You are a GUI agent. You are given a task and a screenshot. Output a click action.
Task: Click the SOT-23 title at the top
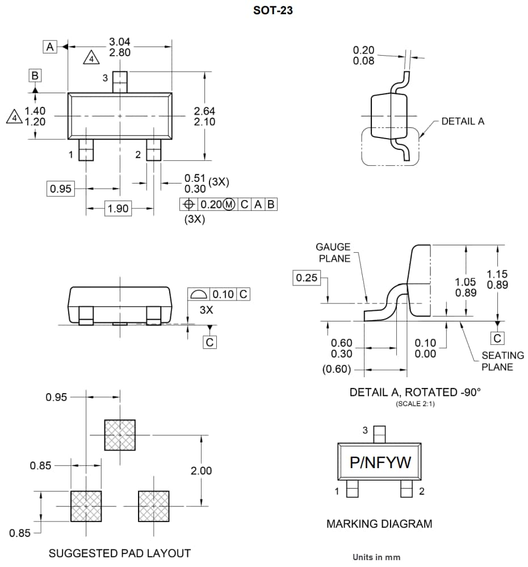(x=273, y=10)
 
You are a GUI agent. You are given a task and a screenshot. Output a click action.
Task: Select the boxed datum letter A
(x=51, y=47)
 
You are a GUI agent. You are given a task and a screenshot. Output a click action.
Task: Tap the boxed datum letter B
(x=35, y=76)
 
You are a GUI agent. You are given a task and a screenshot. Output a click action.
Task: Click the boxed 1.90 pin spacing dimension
(x=118, y=209)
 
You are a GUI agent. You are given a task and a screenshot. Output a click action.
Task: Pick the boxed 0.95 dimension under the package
(x=61, y=189)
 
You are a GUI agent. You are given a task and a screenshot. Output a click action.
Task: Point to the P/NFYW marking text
(x=380, y=463)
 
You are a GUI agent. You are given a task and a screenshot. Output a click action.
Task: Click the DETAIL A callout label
(x=463, y=121)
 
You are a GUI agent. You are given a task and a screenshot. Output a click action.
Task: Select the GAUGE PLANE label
(x=333, y=252)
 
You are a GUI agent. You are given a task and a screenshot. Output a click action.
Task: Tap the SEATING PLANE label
(x=502, y=361)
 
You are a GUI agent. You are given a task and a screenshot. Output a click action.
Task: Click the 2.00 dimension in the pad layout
(x=201, y=470)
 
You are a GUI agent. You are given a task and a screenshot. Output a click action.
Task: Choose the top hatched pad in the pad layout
(x=120, y=435)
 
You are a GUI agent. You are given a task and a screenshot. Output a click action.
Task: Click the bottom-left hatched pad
(x=86, y=506)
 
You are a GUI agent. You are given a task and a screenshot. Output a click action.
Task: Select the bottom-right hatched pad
(x=153, y=506)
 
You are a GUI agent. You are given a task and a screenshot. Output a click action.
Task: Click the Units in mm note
(x=376, y=557)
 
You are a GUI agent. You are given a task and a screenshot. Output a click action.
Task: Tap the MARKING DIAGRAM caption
(x=379, y=524)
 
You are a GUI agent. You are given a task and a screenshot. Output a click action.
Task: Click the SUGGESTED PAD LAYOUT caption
(x=120, y=553)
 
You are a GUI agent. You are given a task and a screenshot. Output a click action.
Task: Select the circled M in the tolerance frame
(x=229, y=205)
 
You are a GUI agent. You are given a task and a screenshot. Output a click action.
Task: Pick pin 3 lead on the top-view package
(x=119, y=81)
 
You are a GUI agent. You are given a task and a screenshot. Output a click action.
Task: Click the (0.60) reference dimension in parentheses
(x=337, y=369)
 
